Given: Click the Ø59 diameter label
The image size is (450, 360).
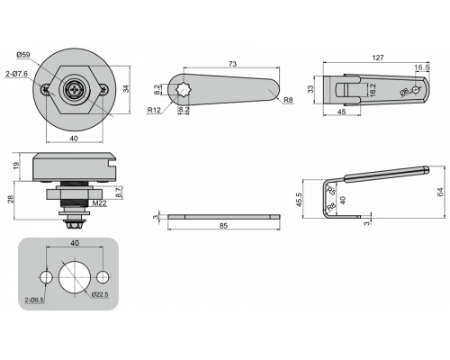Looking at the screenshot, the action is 23,55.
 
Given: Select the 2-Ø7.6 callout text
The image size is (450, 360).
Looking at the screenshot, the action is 17,74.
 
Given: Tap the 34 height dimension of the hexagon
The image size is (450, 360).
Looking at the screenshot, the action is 126,89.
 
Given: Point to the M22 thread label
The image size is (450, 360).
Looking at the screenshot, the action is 99,203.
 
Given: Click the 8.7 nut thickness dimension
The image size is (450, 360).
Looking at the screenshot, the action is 119,193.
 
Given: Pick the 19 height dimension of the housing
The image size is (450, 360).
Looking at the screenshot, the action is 16,165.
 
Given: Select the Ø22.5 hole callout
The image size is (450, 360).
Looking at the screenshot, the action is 100,294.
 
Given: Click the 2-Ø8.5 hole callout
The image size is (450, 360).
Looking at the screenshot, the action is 34,300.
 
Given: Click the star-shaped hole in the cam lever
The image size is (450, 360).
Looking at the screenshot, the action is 182,90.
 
